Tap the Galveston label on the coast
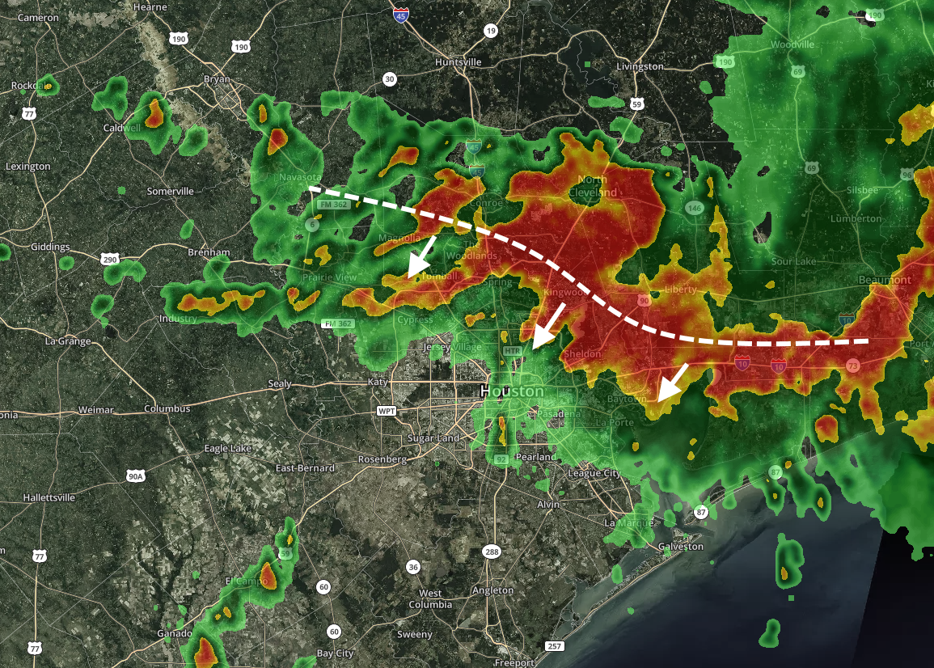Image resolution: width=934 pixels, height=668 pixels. [x=681, y=546]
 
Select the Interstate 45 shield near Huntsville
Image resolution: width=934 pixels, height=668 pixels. [x=401, y=14]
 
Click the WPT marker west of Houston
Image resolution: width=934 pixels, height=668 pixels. [x=387, y=411]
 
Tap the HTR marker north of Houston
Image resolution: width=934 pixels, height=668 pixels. [x=512, y=352]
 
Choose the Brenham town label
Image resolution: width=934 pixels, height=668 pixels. [x=209, y=252]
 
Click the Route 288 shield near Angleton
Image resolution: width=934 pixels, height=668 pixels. [x=492, y=552]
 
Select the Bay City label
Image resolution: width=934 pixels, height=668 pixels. [x=336, y=653]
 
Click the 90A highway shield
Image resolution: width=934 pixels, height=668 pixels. [x=134, y=476]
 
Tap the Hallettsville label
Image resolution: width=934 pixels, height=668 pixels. [x=49, y=497]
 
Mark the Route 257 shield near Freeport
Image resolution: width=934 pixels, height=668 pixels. [x=554, y=645]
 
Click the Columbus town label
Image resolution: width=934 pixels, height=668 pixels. [x=167, y=409]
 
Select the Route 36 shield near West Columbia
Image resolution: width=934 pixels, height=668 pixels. [x=413, y=567]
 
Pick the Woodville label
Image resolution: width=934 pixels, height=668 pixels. [x=792, y=44]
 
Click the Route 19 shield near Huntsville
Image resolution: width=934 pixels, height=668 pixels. [x=491, y=31]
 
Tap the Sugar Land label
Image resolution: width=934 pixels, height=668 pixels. [x=435, y=438]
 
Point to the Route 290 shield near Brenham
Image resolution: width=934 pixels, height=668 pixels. [x=110, y=260]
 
